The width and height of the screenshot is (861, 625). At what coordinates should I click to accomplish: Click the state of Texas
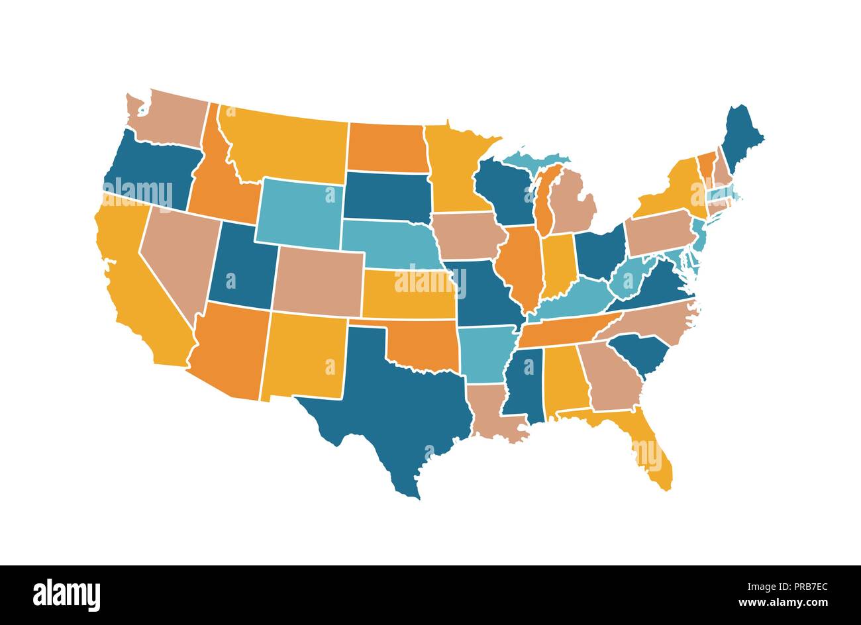point(391,404)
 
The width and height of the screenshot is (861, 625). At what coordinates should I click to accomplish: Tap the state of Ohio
point(599,252)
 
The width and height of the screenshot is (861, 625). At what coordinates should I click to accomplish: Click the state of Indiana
point(557,265)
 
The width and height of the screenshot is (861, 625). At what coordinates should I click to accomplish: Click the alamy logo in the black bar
point(66,594)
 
